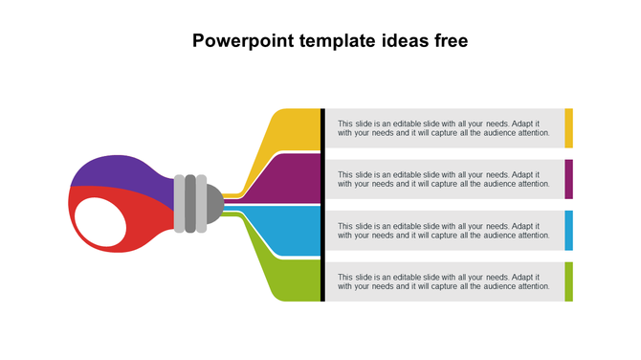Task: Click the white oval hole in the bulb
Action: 99,221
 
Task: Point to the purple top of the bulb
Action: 120,172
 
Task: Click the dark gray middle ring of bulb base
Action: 190,203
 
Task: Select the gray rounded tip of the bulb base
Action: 215,203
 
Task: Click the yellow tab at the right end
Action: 568,128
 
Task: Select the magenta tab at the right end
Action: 568,179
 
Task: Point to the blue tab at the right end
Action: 568,230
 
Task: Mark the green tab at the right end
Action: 568,281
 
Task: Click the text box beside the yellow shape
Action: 444,128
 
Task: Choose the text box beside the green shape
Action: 444,281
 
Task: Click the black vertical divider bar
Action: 323,204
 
